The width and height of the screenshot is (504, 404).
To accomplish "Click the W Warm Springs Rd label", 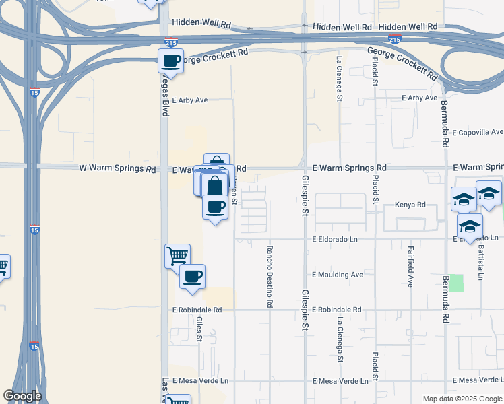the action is coord(118,168).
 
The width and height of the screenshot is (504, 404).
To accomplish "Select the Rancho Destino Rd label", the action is coord(269,275).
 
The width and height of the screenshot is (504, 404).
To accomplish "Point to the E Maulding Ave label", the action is coord(338,275).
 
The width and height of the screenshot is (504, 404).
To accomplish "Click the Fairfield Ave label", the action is coord(410,267).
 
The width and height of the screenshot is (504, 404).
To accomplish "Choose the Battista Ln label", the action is coord(480,262).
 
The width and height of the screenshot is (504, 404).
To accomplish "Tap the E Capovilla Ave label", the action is coord(478,133).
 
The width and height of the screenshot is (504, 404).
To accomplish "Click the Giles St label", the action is coord(199,329).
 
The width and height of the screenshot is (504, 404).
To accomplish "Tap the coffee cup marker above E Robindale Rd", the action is coord(192,276).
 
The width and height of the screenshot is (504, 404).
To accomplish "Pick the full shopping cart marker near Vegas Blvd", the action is coord(177,255).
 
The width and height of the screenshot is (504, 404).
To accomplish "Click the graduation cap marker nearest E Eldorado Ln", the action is coord(470,226).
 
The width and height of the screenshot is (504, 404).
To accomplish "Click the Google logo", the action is coord(22,396).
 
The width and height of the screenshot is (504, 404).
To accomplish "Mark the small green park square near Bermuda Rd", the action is coord(458,283).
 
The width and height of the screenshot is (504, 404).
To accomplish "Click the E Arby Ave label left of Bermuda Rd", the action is coord(420,98).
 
